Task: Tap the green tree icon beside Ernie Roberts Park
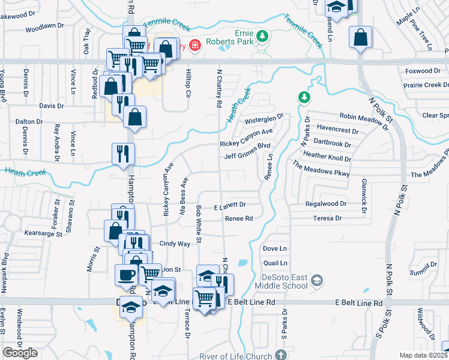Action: point(262,37)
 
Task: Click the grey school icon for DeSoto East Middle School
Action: point(318,280)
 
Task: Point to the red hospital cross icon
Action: point(194,46)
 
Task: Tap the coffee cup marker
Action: point(126,275)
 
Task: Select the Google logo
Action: point(20,353)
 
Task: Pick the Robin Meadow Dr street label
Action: point(364,119)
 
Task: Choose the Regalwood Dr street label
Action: point(326,204)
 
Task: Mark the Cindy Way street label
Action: point(175,244)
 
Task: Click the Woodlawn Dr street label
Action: point(44,27)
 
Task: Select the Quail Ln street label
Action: point(275,263)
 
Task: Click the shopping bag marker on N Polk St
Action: point(361,38)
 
